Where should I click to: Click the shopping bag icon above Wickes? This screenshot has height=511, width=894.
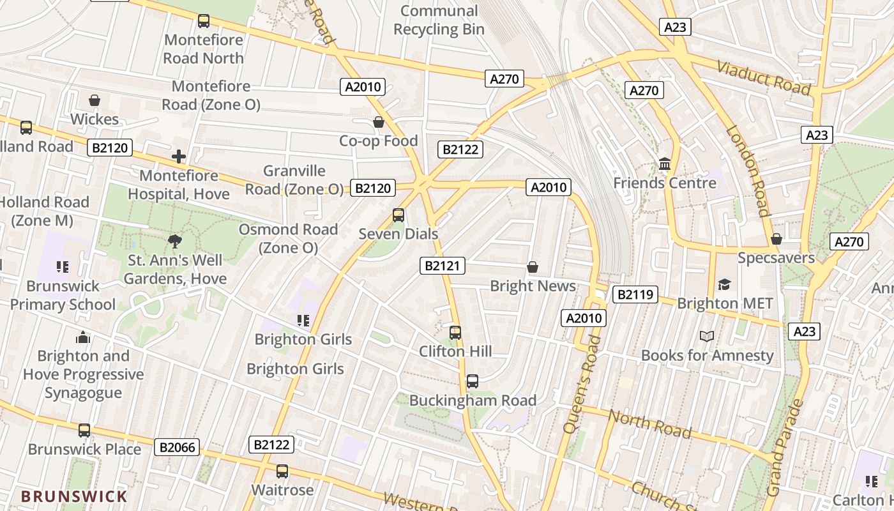click(x=95, y=100)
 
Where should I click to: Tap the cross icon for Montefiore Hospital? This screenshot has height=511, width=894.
click(x=179, y=156)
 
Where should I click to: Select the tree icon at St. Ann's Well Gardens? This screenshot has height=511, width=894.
click(x=174, y=241)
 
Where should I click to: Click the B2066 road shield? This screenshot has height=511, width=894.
click(x=177, y=447)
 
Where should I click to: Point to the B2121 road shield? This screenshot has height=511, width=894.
click(x=443, y=266)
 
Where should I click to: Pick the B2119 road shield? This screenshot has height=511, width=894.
click(x=635, y=294)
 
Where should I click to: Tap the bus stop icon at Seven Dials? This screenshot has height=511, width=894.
click(x=398, y=215)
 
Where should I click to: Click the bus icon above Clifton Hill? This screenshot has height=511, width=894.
click(x=455, y=332)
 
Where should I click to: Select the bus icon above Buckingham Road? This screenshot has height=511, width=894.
click(x=473, y=381)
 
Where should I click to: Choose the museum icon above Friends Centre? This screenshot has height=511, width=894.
click(x=665, y=164)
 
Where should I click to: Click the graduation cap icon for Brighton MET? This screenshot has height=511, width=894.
click(x=724, y=284)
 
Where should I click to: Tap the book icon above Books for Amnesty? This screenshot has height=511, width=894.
click(x=706, y=336)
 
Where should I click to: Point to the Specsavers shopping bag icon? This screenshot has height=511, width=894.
click(x=777, y=239)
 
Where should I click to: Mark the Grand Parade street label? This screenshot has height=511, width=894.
click(x=784, y=448)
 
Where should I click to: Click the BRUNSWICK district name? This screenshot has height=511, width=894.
click(x=74, y=496)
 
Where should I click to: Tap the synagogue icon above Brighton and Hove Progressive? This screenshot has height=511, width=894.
click(x=83, y=337)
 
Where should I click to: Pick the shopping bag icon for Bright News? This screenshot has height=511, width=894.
click(x=533, y=266)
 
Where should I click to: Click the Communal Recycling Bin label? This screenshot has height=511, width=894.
click(x=439, y=20)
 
